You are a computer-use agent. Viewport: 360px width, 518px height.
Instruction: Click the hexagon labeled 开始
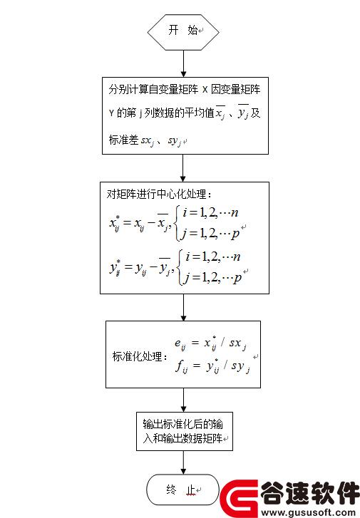pos(183,32)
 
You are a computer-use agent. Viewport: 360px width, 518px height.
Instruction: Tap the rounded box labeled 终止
pos(182,489)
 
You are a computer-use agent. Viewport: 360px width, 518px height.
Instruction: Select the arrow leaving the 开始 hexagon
pos(183,63)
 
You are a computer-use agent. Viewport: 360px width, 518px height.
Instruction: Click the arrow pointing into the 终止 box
pos(183,462)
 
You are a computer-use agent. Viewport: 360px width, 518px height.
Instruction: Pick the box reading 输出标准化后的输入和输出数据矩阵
pos(185,431)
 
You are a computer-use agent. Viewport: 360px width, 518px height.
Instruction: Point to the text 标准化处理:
pos(140,356)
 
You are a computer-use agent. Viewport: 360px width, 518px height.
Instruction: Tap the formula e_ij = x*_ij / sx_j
pos(210,343)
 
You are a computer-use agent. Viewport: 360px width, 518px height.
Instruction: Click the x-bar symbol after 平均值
pos(220,113)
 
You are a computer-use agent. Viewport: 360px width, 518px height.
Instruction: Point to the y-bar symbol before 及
pos(243,113)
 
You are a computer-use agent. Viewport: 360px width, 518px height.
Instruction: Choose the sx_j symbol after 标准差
pos(148,141)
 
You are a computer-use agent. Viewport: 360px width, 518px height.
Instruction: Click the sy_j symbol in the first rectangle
pos(175,141)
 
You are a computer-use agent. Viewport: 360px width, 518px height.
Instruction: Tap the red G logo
pos(240,499)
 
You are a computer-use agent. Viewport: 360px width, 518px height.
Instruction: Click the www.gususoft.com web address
pos(309,513)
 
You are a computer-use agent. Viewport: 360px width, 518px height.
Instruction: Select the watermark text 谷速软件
pos(310,493)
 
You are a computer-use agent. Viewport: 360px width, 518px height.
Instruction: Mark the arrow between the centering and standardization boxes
pos(183,307)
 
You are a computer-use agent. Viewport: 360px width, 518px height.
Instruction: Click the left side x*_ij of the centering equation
pos(115,223)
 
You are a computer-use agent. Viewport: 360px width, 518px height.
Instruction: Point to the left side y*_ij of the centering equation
pos(115,268)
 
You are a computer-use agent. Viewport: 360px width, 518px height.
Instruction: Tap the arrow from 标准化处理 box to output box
pos(183,400)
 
